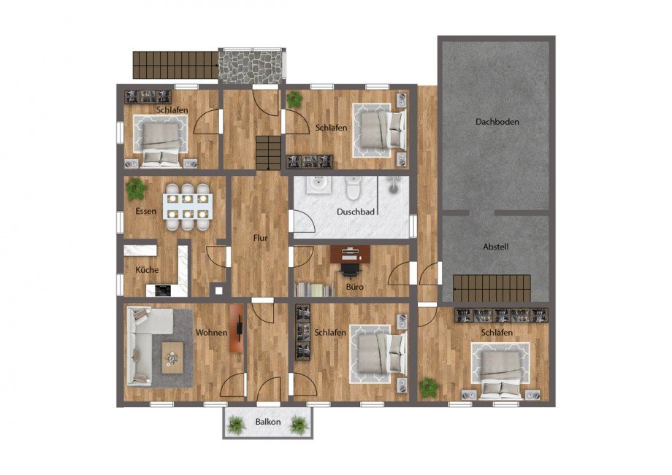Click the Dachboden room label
point(497,122)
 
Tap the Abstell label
point(496,247)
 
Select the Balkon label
point(268,422)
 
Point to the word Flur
point(260,238)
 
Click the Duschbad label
point(356,212)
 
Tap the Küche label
point(147,269)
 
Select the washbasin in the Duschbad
point(318,185)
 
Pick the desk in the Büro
point(351,253)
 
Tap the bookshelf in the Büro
point(314,290)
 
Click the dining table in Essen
point(187,206)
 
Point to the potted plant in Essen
point(136,189)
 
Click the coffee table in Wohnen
point(172,358)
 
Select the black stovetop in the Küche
point(163,290)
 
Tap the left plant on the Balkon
point(236,425)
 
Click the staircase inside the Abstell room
point(492,289)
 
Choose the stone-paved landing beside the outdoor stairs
point(251,66)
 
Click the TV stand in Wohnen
point(237,328)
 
